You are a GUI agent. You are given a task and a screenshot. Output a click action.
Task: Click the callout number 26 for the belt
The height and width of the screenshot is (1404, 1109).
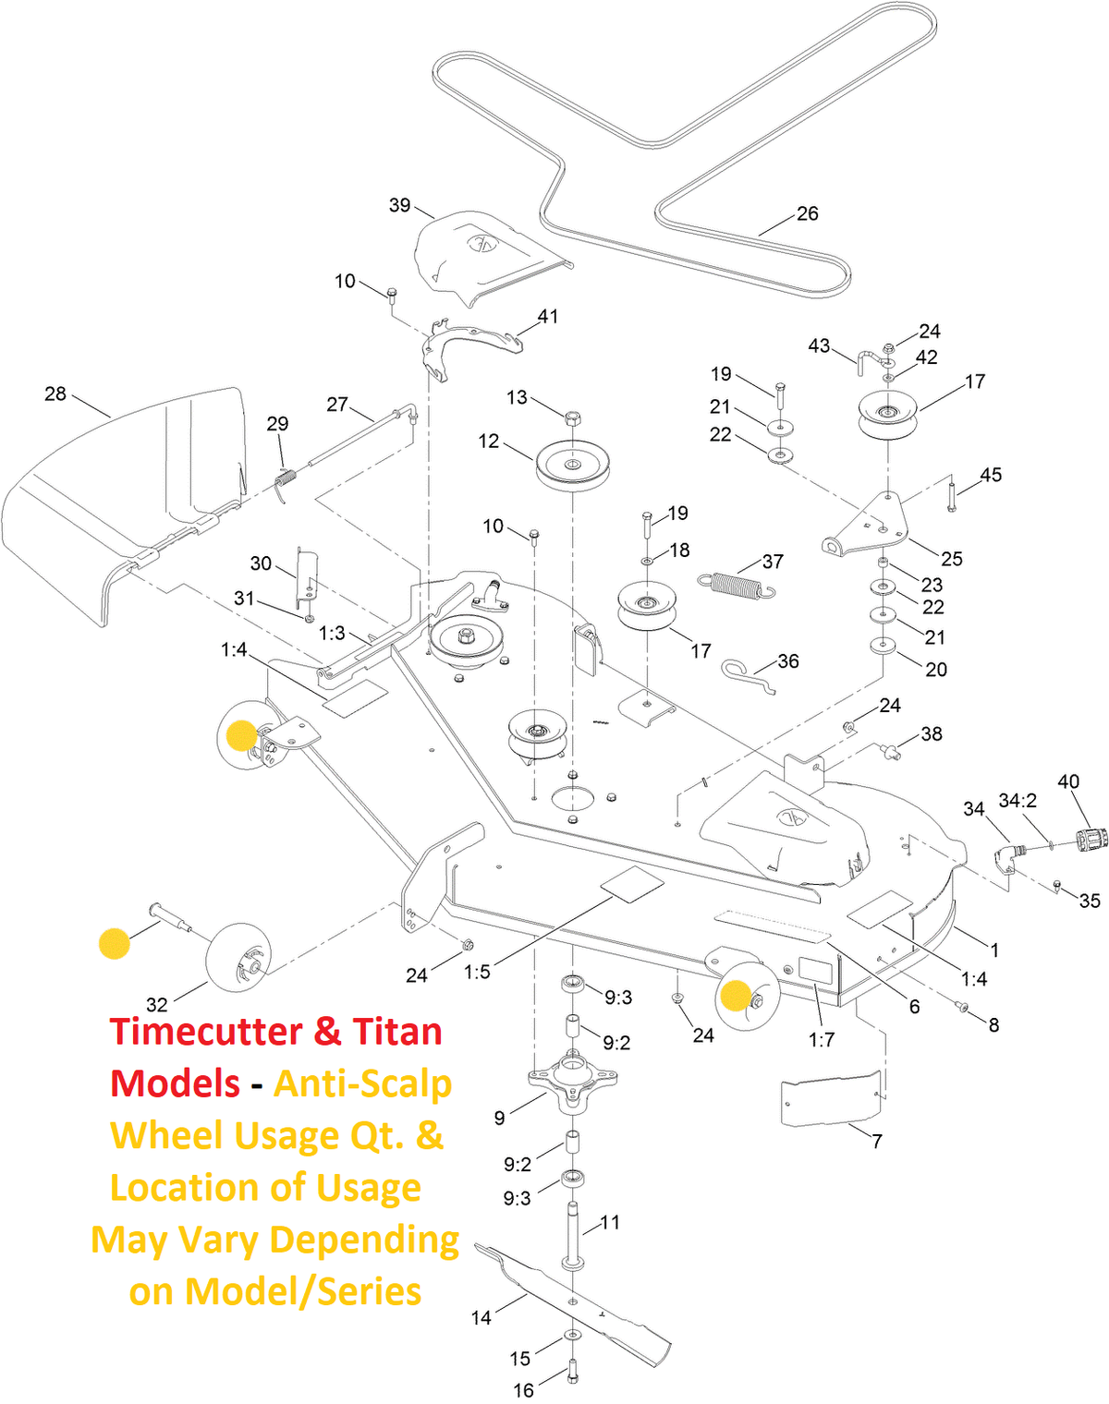pos(807,213)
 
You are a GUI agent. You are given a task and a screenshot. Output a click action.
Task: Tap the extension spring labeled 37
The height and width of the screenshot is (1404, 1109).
pos(737,586)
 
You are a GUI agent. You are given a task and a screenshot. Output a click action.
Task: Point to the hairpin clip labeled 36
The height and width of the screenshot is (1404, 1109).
pos(745,674)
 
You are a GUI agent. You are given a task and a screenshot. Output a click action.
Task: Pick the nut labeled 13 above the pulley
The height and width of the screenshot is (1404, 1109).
pos(572,418)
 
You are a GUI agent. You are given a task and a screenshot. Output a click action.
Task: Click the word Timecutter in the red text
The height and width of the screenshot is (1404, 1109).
pos(211,1032)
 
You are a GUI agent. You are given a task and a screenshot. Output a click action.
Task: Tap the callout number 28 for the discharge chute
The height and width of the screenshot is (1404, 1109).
pos(55,394)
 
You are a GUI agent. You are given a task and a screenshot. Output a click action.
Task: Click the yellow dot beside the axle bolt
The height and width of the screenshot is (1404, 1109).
pos(115,943)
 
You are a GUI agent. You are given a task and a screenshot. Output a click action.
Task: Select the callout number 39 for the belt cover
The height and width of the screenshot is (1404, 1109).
pos(399,205)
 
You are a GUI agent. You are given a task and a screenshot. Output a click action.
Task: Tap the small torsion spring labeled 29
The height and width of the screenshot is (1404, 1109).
pos(286,479)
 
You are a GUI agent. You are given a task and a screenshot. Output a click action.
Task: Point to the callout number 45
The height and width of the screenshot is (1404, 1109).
pos(990,475)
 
